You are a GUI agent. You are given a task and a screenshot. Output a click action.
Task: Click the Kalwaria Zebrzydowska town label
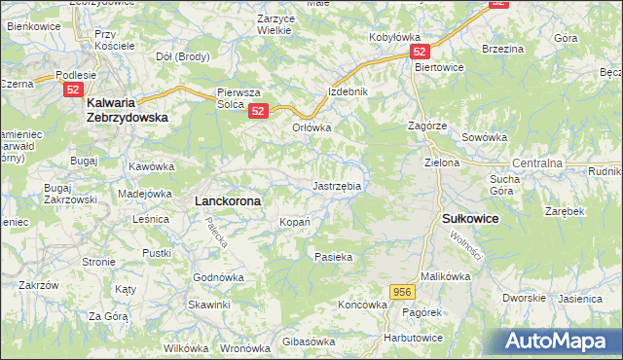(x=128, y=108)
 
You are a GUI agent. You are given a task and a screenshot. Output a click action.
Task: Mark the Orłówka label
(x=312, y=127)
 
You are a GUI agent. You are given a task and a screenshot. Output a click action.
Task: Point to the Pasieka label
(x=332, y=257)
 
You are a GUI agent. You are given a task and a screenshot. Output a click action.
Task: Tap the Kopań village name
(x=295, y=222)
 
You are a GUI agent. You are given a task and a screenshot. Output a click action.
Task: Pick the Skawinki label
(x=209, y=305)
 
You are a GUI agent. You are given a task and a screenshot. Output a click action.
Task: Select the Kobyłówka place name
(x=394, y=38)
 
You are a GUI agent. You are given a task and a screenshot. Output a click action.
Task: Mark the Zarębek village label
(x=565, y=210)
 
